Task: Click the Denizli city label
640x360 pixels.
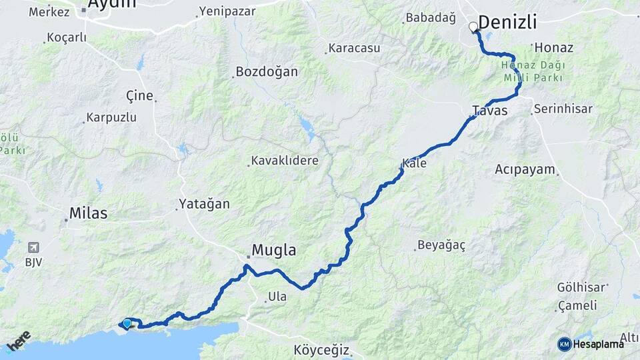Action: [x=507, y=22]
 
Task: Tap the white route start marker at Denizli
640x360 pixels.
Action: [x=473, y=27]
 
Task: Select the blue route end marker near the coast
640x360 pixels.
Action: [x=127, y=323]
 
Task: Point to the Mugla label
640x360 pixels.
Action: [x=273, y=251]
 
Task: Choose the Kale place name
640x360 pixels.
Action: [x=415, y=163]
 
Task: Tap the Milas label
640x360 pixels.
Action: [x=89, y=214]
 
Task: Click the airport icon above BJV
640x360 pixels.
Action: [x=31, y=247]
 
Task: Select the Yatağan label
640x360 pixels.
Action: [x=204, y=205]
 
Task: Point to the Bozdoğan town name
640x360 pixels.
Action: [x=267, y=72]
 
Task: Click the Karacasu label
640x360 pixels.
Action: [x=353, y=49]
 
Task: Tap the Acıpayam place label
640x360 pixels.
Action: [x=525, y=169]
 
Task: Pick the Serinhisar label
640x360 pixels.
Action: [x=563, y=109]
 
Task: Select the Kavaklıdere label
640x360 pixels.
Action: [x=285, y=161]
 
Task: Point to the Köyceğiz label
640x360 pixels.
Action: [x=321, y=350]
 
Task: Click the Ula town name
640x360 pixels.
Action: [x=277, y=297]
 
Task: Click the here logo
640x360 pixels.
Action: [x=19, y=341]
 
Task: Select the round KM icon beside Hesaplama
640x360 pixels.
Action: [x=564, y=344]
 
